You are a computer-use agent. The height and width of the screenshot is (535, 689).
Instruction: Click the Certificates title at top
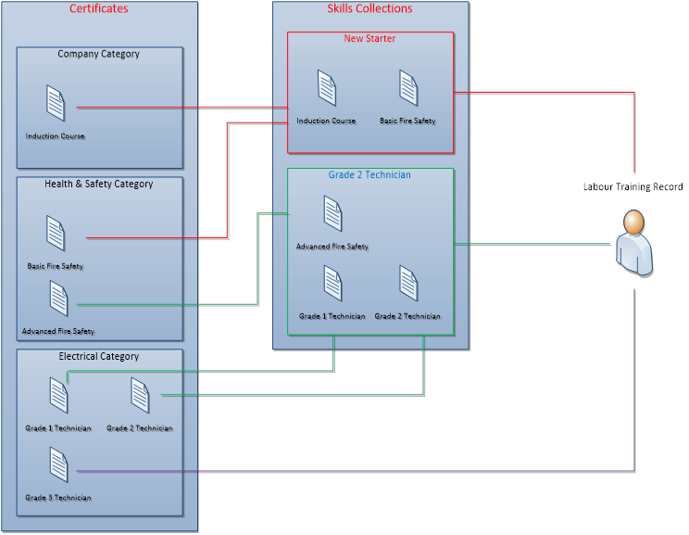point(99,9)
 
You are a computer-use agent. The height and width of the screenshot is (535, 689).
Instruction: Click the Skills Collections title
point(370,9)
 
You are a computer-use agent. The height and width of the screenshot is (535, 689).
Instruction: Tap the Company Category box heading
point(98,54)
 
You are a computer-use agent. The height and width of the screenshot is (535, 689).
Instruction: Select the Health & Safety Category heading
point(98,184)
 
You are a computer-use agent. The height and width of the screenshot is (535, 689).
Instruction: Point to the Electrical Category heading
point(98,356)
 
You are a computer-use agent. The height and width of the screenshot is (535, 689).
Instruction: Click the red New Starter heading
point(370,39)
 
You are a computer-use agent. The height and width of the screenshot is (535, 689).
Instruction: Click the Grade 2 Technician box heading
point(370,174)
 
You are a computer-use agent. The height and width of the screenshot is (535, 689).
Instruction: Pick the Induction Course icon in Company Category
point(56,102)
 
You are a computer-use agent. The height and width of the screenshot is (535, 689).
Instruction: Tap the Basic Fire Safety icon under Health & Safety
point(56,233)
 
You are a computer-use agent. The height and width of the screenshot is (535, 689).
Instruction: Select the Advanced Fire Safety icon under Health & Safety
point(59,299)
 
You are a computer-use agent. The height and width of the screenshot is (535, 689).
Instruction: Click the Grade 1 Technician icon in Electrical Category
point(59,395)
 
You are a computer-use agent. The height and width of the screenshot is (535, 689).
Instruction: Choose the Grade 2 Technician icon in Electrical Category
point(140,395)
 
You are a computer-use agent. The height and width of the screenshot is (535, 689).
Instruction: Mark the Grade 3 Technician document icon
point(59,465)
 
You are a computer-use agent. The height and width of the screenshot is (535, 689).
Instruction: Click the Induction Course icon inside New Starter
point(326,88)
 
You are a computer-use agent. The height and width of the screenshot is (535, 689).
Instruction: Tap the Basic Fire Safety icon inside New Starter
point(408,88)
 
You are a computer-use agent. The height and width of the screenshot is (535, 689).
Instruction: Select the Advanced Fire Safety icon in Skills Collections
point(332,213)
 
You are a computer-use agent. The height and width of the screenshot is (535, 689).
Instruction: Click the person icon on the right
point(633,242)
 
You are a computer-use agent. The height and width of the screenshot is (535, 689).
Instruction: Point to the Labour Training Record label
point(633,187)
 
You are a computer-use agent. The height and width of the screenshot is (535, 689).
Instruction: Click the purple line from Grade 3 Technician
point(370,472)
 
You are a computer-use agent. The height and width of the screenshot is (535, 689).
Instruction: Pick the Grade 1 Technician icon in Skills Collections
point(332,283)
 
